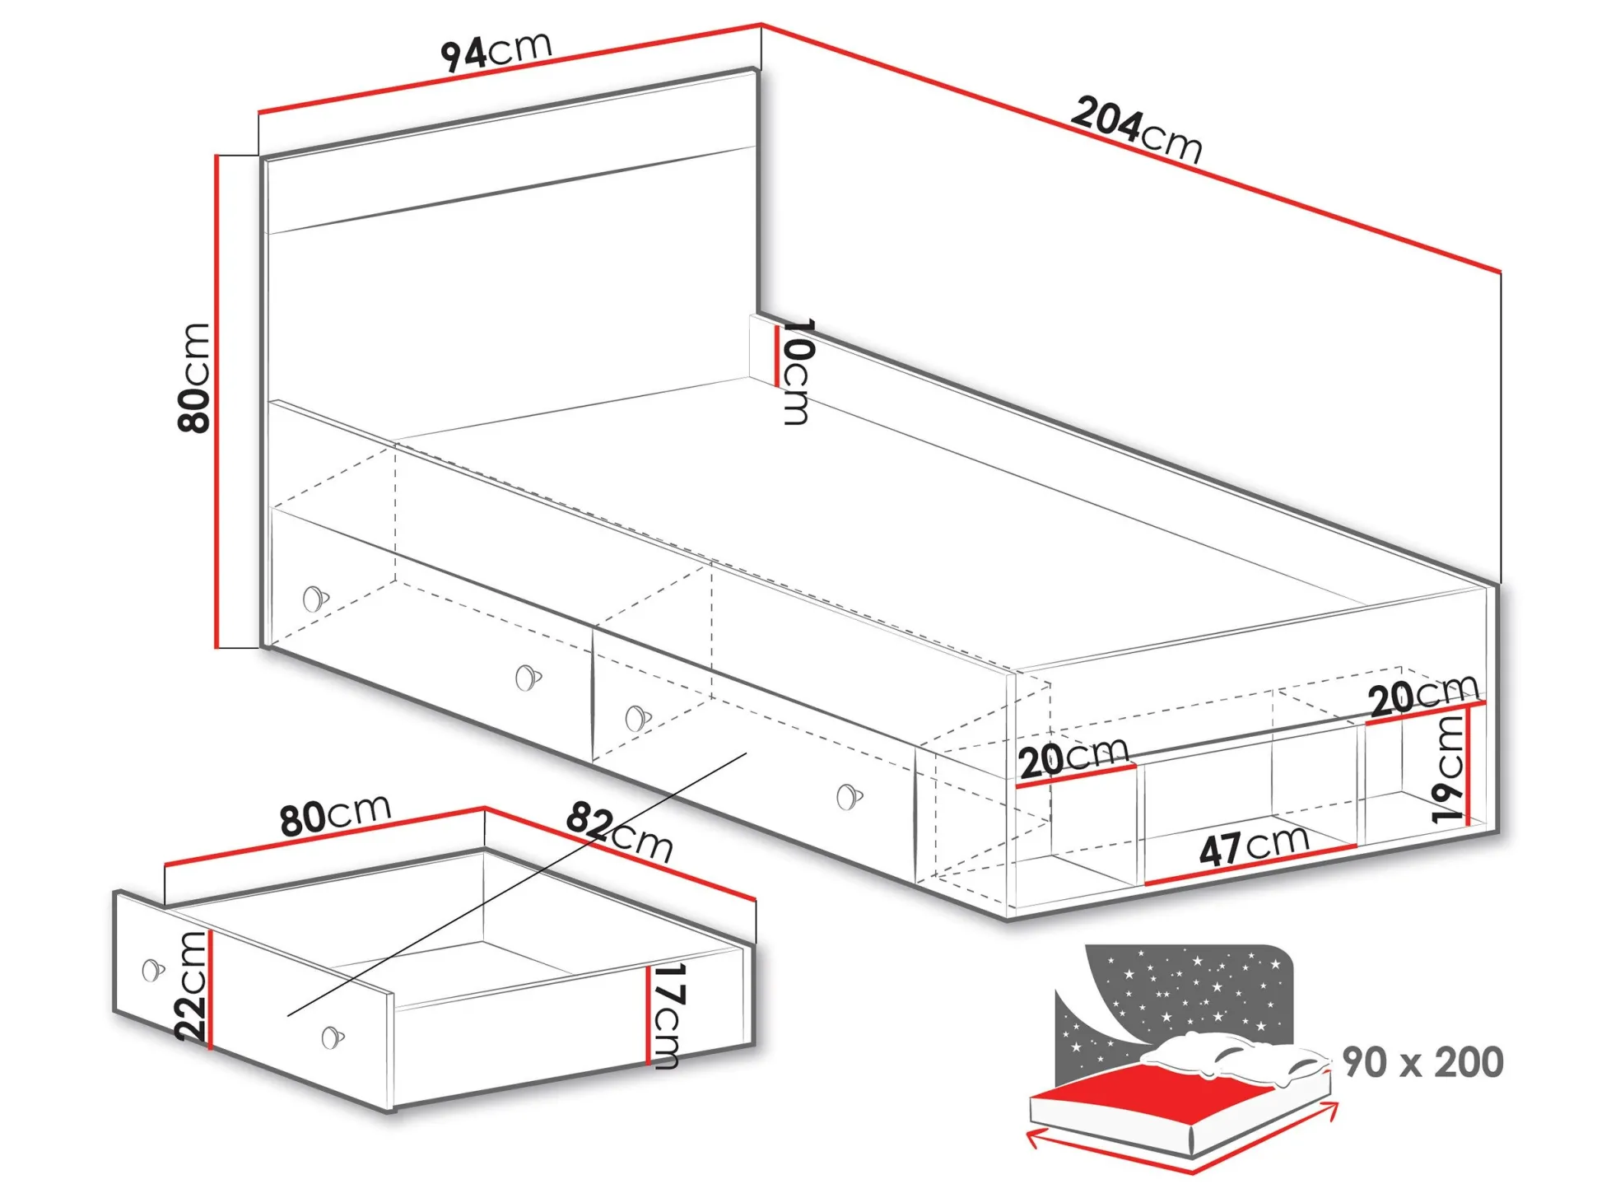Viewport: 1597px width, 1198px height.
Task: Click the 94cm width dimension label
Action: (x=496, y=52)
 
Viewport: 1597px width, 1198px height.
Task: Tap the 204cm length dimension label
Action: (x=1137, y=130)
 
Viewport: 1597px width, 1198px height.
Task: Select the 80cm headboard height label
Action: (x=194, y=378)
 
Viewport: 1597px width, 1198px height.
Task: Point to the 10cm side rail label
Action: (x=797, y=371)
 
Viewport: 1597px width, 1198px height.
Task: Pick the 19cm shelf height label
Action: (x=1448, y=769)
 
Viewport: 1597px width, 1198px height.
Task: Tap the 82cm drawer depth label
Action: (x=619, y=832)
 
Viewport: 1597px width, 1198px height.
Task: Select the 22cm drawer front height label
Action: (x=191, y=986)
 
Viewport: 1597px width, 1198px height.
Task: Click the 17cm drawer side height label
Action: (x=665, y=1015)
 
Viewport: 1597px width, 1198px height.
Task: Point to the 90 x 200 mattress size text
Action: (x=1422, y=1062)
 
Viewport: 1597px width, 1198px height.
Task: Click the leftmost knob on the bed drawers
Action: (x=314, y=599)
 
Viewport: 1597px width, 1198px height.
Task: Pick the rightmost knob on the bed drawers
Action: (x=849, y=796)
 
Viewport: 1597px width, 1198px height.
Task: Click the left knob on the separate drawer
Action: (x=153, y=971)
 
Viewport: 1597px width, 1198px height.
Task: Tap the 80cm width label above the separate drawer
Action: (x=335, y=815)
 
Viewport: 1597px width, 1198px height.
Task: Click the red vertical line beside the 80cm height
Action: (x=217, y=401)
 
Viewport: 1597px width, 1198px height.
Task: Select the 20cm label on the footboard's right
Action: (x=1424, y=696)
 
